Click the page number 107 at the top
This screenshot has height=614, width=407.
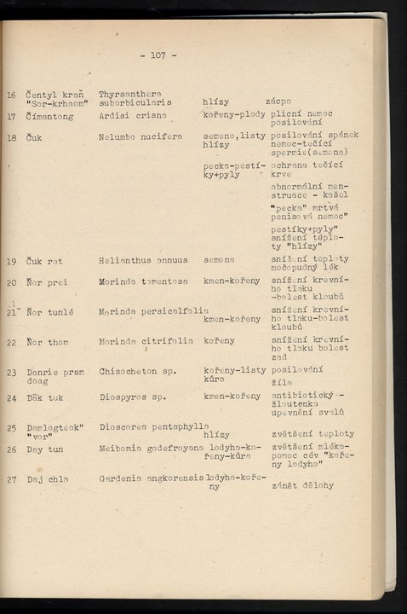tap(158, 55)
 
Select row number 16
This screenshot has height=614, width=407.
tap(11, 96)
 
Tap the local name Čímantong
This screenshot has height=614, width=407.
tap(49, 116)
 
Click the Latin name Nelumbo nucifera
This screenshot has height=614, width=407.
tap(135, 136)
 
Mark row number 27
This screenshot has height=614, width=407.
tap(12, 479)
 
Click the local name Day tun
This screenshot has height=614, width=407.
tap(44, 449)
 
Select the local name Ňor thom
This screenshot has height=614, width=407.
tap(47, 342)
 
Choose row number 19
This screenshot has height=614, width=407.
tap(12, 261)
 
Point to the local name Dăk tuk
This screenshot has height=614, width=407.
tap(44, 397)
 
